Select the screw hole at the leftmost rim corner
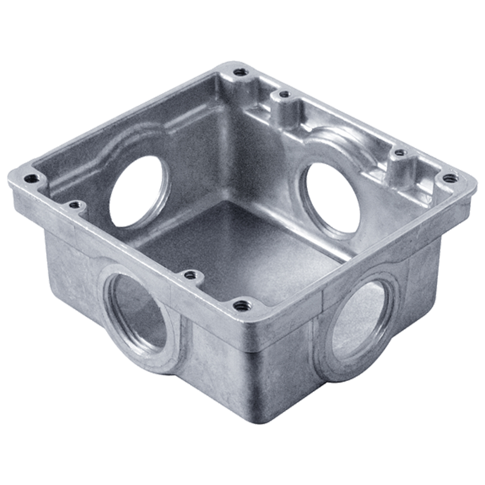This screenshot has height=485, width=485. pos(30,178)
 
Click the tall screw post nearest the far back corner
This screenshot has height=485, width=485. pos(285,95)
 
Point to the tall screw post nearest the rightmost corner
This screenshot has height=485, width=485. pos(400,153)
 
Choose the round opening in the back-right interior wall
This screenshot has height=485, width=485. pos(332,198)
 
